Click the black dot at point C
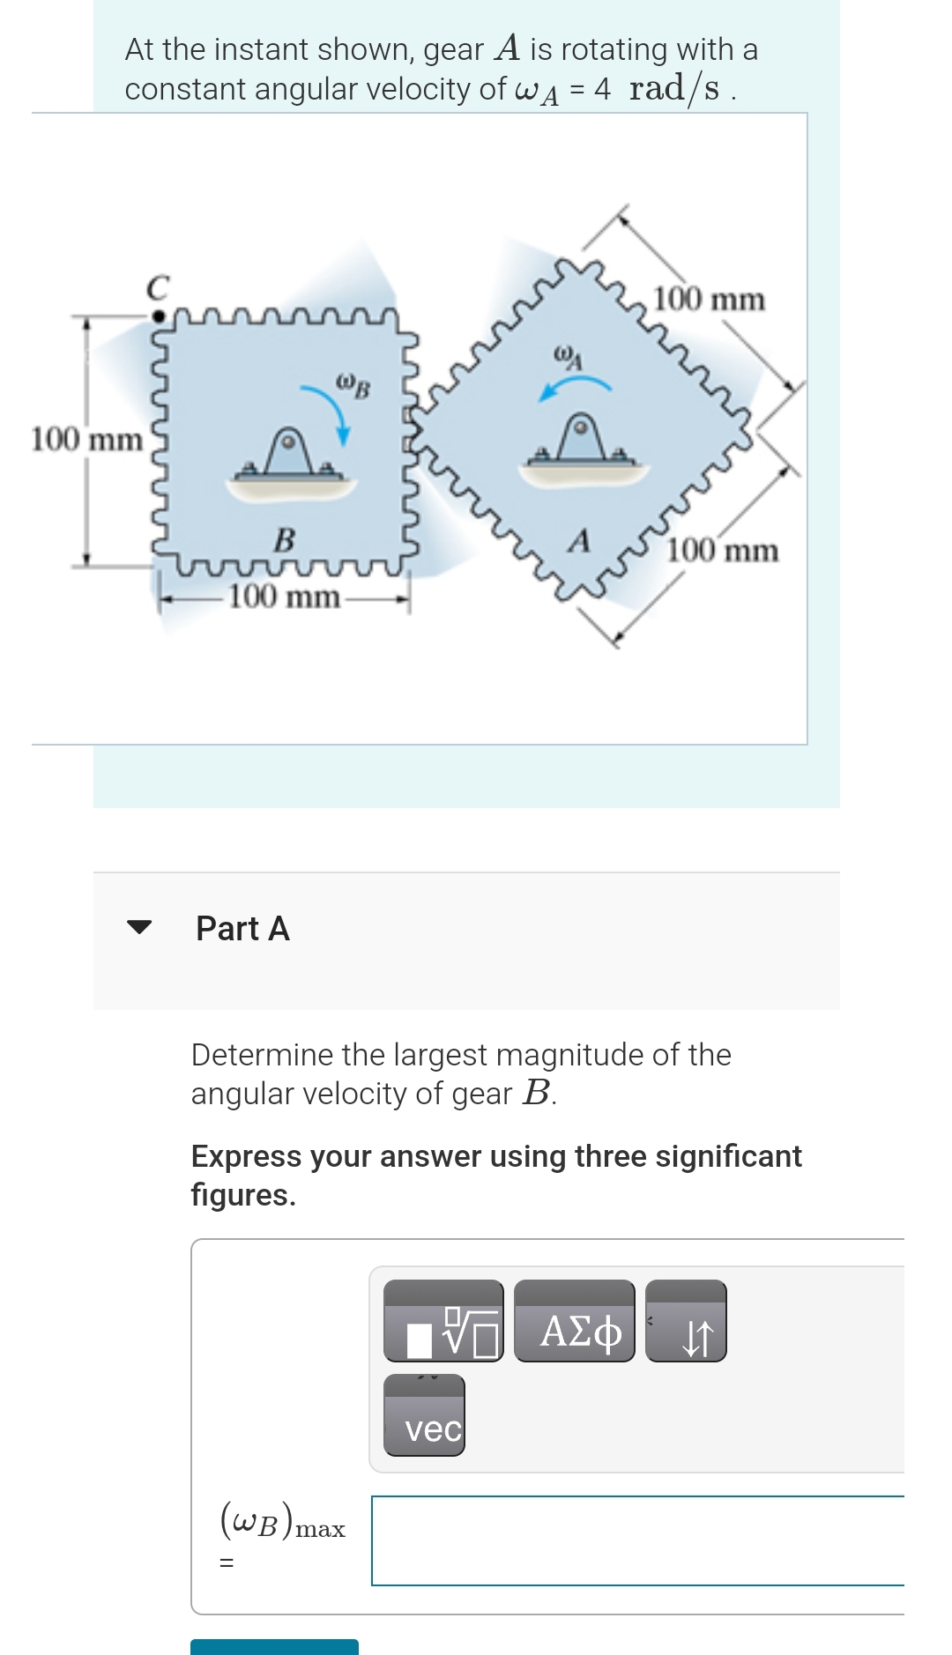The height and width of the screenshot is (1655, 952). pos(157,314)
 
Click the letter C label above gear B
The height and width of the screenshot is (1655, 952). pos(158,287)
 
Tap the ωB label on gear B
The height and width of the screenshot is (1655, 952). pos(353,383)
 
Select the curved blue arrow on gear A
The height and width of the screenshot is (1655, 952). pos(575,385)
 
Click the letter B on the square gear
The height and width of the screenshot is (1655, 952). pos(284,538)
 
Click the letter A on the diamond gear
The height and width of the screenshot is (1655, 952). pos(578,540)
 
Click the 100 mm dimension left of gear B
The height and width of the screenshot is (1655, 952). pos(86,439)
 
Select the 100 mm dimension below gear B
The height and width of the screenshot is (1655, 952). pos(284,597)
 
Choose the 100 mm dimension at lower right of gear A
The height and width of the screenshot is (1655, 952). pos(723,552)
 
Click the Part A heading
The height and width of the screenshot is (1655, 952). pos(242,928)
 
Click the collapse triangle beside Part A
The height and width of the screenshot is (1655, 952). pos(139,927)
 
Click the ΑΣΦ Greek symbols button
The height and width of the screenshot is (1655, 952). pos(574,1322)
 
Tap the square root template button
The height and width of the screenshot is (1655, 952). pos(443,1322)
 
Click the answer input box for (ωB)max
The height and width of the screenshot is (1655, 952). pos(637,1540)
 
